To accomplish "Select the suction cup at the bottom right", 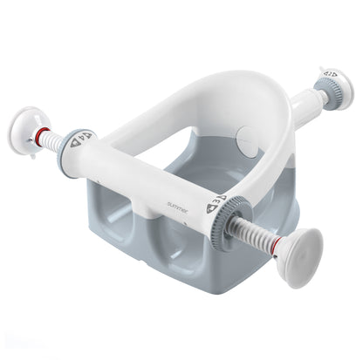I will (298, 257).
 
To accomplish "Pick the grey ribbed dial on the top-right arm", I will (326, 93).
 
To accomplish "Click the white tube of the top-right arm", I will (302, 105).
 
